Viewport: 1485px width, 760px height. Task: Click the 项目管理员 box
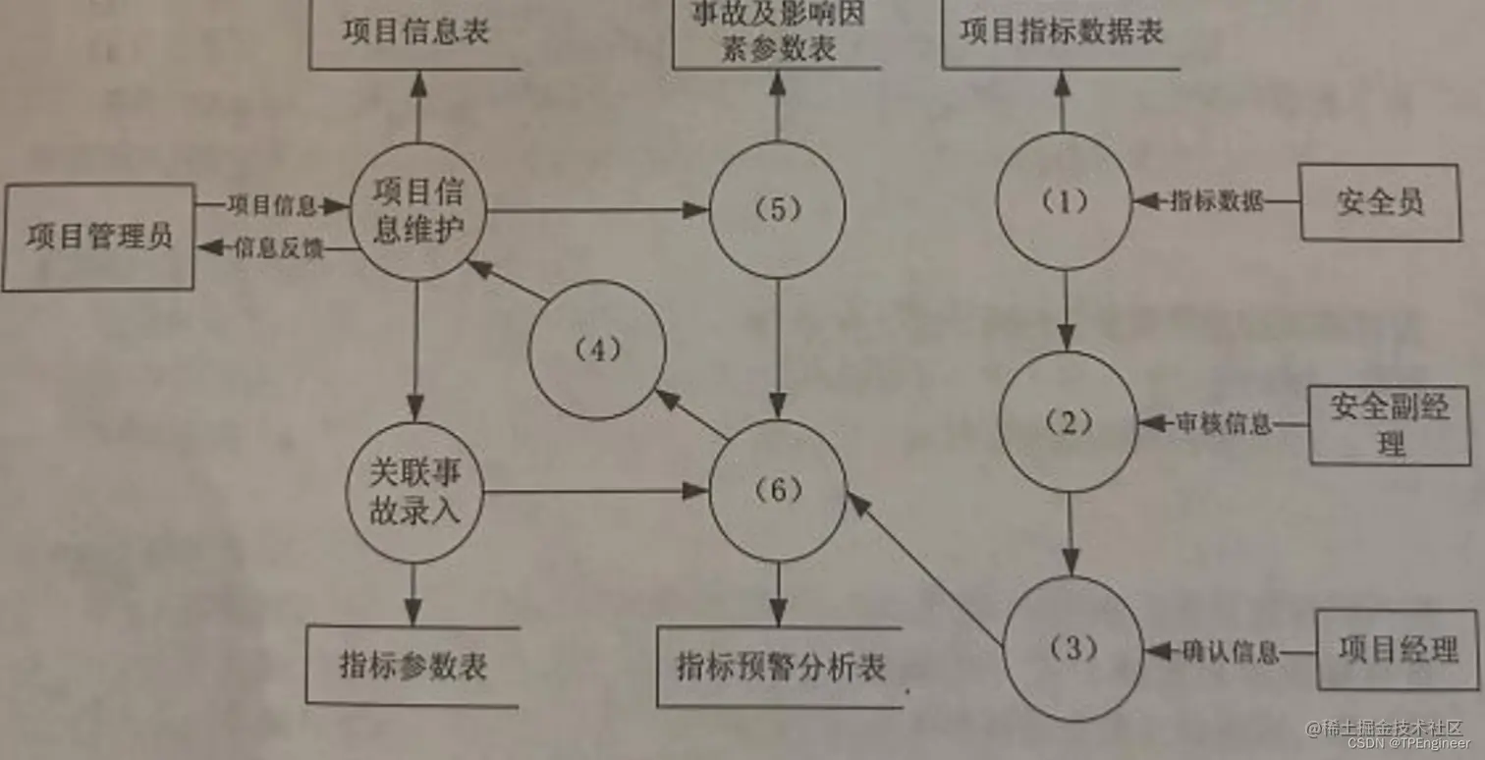98,237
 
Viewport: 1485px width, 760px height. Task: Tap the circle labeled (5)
778,209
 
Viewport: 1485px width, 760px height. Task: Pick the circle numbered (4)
597,351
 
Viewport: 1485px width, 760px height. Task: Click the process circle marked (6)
778,491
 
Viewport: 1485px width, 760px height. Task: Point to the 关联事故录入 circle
414,494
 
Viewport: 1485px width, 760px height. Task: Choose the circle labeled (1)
1065,201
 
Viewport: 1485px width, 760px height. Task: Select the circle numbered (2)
1069,422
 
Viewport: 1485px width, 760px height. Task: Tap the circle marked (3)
1073,649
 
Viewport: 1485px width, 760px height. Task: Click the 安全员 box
1380,202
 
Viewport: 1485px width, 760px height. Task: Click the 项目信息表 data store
415,32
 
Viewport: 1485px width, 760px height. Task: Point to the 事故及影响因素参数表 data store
776,34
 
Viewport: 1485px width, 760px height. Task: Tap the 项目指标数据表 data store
1061,32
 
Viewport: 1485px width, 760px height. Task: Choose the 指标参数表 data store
412,666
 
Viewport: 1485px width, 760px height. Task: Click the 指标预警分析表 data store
781,667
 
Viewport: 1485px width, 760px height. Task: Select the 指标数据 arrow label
1217,201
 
